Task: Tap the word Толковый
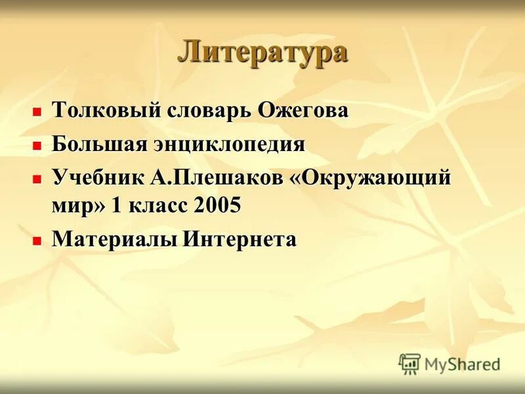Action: click(107, 110)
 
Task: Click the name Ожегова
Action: click(303, 110)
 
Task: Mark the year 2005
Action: click(218, 205)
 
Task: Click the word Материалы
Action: click(114, 239)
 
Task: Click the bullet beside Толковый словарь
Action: click(37, 112)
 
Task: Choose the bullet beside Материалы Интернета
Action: click(37, 241)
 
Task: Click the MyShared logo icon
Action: click(409, 364)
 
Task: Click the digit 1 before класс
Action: click(117, 205)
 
